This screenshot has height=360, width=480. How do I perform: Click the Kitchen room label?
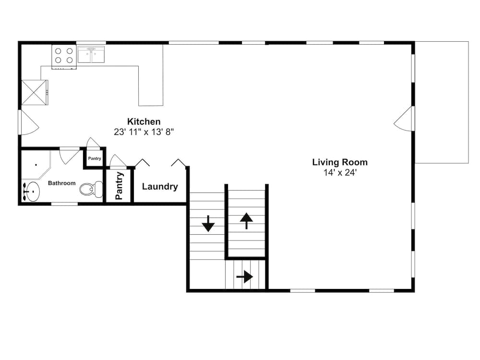pos(144,121)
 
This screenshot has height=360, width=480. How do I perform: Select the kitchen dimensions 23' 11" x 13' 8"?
pos(144,132)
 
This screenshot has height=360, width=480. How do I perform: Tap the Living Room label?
pos(340,162)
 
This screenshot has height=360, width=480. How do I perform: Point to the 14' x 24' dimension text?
pos(340,173)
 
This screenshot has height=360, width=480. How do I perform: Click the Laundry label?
pos(160,187)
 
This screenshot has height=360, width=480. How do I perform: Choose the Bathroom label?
pos(61,183)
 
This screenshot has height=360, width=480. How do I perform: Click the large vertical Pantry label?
pos(119,186)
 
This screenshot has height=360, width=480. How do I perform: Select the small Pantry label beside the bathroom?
pos(95,158)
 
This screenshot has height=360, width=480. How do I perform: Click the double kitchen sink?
pos(91,54)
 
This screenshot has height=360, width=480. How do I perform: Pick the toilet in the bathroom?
pos(91,189)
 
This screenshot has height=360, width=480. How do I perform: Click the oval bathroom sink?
pos(32,192)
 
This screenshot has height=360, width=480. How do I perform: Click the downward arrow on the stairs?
pos(208,224)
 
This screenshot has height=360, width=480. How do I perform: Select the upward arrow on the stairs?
pos(246,221)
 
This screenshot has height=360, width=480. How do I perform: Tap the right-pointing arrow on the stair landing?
pos(245,277)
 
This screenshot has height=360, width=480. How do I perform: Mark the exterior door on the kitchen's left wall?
pos(28,123)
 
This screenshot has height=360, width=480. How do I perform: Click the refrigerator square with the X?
pos(34,92)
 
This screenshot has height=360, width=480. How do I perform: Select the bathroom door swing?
pos(70,156)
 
